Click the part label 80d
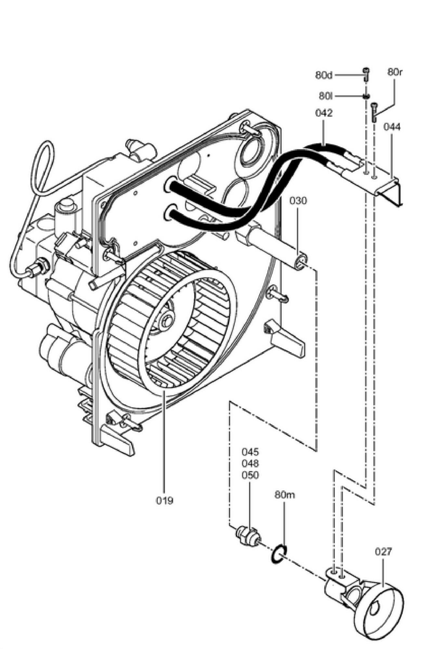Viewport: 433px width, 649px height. (x=324, y=75)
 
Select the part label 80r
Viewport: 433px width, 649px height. (x=395, y=72)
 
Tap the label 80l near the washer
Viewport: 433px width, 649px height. (x=326, y=96)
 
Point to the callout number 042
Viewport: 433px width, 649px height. (x=324, y=113)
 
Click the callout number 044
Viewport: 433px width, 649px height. (x=392, y=127)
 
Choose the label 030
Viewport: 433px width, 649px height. (x=298, y=201)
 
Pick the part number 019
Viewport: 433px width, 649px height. (x=164, y=500)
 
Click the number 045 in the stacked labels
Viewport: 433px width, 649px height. (x=250, y=452)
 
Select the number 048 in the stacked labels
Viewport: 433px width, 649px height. (x=250, y=463)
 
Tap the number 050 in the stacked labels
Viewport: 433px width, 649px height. (x=250, y=475)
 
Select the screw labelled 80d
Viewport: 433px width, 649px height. (x=366, y=74)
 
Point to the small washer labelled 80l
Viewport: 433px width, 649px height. (x=366, y=96)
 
